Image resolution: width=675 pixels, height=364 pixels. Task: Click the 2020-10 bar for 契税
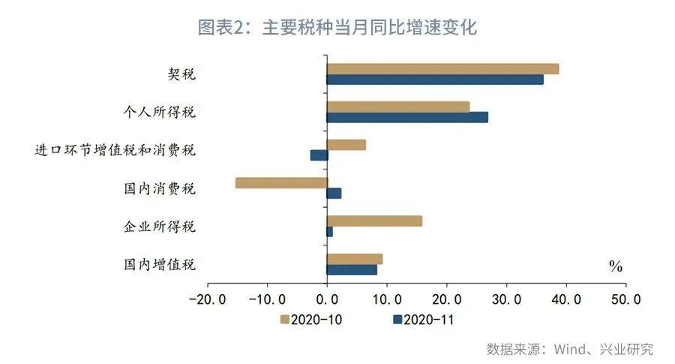click(442, 69)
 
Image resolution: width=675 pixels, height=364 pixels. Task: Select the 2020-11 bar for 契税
click(435, 80)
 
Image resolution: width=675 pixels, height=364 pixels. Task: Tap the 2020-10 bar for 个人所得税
click(398, 107)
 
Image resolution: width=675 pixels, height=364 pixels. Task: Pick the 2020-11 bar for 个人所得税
click(407, 117)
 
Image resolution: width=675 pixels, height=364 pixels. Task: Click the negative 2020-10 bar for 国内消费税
click(281, 182)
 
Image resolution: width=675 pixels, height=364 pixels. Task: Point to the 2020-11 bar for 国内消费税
click(334, 194)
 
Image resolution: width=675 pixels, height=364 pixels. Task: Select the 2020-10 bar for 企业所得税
click(374, 221)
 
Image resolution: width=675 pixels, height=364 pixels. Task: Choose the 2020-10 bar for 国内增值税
click(355, 259)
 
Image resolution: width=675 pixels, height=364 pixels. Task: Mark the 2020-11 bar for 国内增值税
click(352, 269)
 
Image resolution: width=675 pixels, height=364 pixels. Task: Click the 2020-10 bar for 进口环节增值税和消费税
click(346, 145)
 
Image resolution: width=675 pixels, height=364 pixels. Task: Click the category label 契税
click(181, 74)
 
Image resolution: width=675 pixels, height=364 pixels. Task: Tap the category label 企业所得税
click(159, 226)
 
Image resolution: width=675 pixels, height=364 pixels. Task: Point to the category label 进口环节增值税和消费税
click(115, 150)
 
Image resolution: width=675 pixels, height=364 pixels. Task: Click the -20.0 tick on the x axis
click(206, 299)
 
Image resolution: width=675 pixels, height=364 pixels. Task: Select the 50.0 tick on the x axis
click(625, 299)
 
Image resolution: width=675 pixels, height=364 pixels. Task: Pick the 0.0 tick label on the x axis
click(327, 299)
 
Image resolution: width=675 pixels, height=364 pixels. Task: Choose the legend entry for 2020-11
click(424, 320)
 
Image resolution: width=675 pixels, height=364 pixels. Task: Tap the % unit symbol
click(616, 266)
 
